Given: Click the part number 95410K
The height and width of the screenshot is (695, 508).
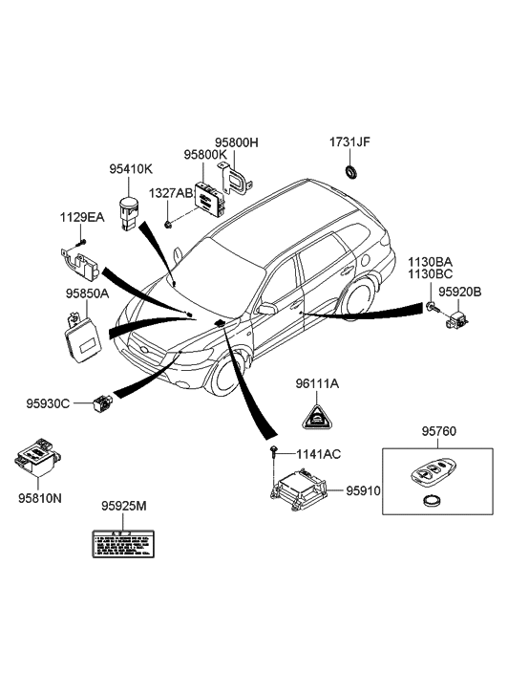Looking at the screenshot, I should [130, 169].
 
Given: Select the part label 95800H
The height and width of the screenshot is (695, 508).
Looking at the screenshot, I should [236, 142].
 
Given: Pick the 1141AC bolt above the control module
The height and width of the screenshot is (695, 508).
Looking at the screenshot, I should [275, 449].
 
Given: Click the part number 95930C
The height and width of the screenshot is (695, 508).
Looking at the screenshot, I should [48, 403].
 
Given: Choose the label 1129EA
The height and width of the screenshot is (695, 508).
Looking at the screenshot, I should [84, 219].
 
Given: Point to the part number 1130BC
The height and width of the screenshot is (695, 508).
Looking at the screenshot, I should [431, 273].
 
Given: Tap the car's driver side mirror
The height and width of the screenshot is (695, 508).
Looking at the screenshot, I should [266, 309].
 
